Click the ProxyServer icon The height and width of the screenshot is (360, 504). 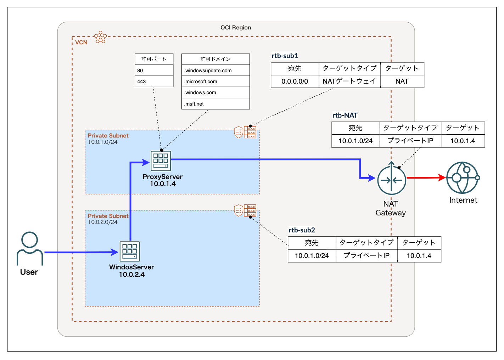pyautogui.click(x=161, y=161)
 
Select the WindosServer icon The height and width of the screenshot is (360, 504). pyautogui.click(x=130, y=251)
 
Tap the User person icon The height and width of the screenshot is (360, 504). pyautogui.click(x=30, y=248)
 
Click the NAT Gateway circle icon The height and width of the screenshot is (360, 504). pyautogui.click(x=391, y=180)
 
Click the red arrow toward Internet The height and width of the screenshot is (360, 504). pyautogui.click(x=426, y=178)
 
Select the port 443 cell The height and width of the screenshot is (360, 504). pyautogui.click(x=154, y=81)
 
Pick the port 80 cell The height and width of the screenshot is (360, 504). pyautogui.click(x=154, y=71)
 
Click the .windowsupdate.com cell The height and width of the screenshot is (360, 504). pyautogui.click(x=215, y=71)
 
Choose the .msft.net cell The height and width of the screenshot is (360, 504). pyautogui.click(x=215, y=104)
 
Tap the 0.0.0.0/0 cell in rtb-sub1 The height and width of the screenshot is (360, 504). pyautogui.click(x=295, y=81)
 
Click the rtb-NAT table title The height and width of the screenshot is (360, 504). pyautogui.click(x=345, y=115)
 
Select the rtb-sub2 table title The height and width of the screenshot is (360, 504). pyautogui.click(x=302, y=230)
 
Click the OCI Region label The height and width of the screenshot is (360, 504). pyautogui.click(x=236, y=28)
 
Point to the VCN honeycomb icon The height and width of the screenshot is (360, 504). pyautogui.click(x=101, y=37)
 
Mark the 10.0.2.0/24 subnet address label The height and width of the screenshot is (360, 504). pyautogui.click(x=103, y=222)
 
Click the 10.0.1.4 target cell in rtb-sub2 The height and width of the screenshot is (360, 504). pyautogui.click(x=419, y=256)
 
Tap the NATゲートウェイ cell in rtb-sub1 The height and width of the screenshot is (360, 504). pyautogui.click(x=349, y=81)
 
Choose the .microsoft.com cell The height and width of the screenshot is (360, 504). pyautogui.click(x=215, y=81)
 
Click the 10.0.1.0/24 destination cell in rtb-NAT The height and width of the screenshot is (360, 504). pyautogui.click(x=355, y=141)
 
